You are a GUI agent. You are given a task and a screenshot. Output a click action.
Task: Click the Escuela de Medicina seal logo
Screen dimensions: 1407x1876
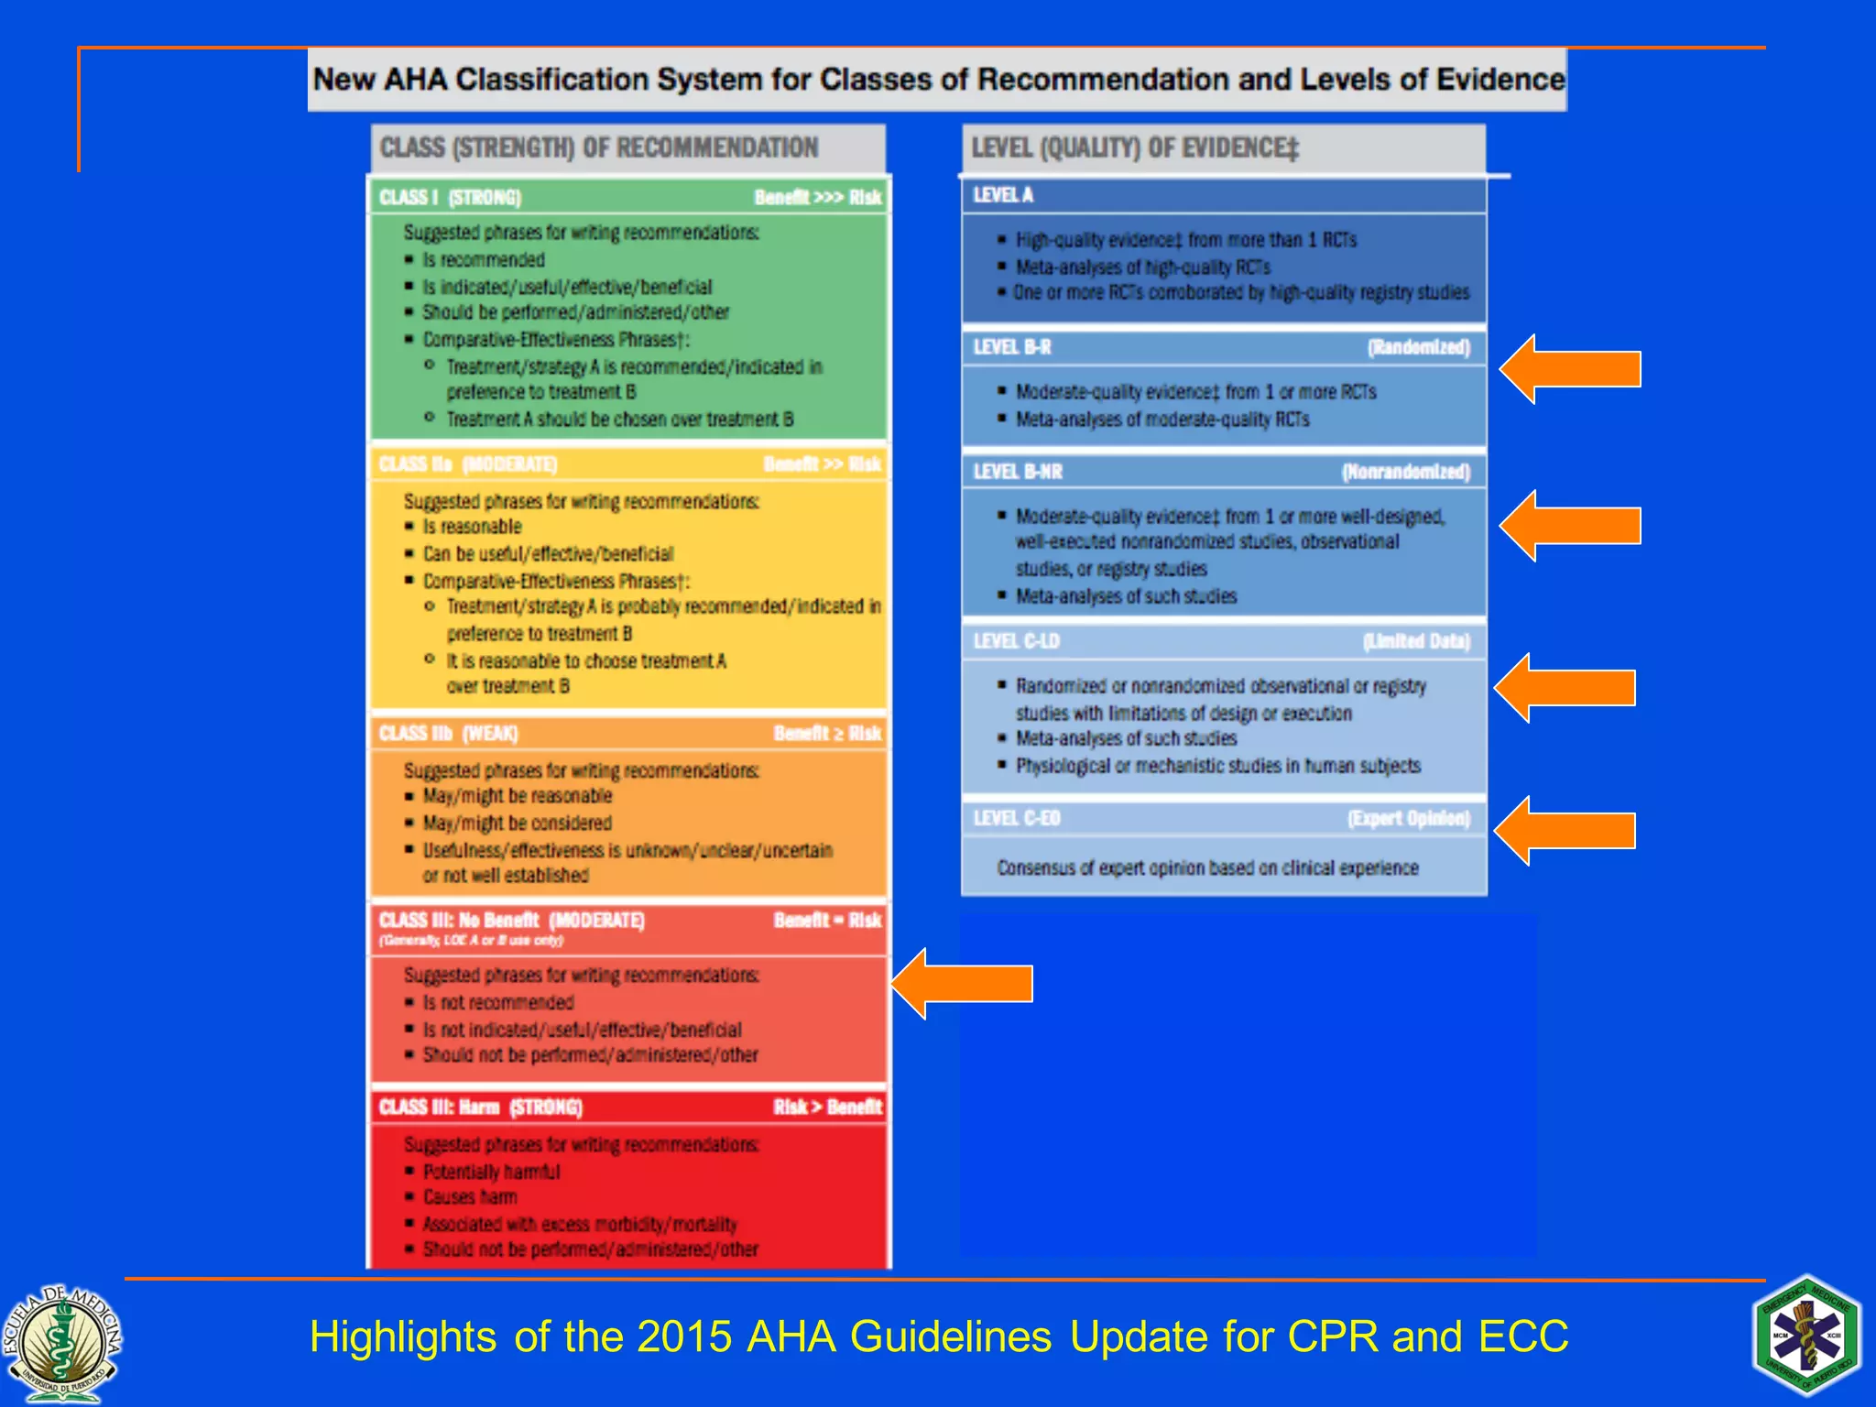61,1343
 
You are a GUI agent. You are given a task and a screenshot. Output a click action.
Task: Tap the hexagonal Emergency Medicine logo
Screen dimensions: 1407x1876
1806,1336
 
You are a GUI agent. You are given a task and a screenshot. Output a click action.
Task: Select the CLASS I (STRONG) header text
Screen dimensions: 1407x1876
450,198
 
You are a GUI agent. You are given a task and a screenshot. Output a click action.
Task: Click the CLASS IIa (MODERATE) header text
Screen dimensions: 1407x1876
468,464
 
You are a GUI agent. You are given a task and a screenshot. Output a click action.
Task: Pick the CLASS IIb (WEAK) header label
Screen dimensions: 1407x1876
448,734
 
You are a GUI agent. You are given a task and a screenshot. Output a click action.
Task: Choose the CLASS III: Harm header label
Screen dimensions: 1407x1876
480,1107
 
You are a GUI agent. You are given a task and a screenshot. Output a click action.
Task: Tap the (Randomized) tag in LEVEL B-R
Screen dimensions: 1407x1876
1418,347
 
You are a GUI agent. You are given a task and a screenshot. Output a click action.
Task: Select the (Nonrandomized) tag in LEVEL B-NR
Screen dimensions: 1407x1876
1405,472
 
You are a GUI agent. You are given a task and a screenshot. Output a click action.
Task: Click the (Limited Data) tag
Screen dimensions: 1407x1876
1416,641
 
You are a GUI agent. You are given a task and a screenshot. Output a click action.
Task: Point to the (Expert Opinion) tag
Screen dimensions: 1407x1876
1408,818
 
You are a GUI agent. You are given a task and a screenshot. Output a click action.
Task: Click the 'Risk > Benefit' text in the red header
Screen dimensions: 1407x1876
827,1107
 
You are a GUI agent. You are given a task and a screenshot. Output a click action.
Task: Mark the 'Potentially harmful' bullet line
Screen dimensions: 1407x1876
491,1172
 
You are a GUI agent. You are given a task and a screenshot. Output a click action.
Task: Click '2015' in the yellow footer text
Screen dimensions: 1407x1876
683,1336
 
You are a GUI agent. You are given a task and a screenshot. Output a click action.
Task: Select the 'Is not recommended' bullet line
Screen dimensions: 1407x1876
497,1003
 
